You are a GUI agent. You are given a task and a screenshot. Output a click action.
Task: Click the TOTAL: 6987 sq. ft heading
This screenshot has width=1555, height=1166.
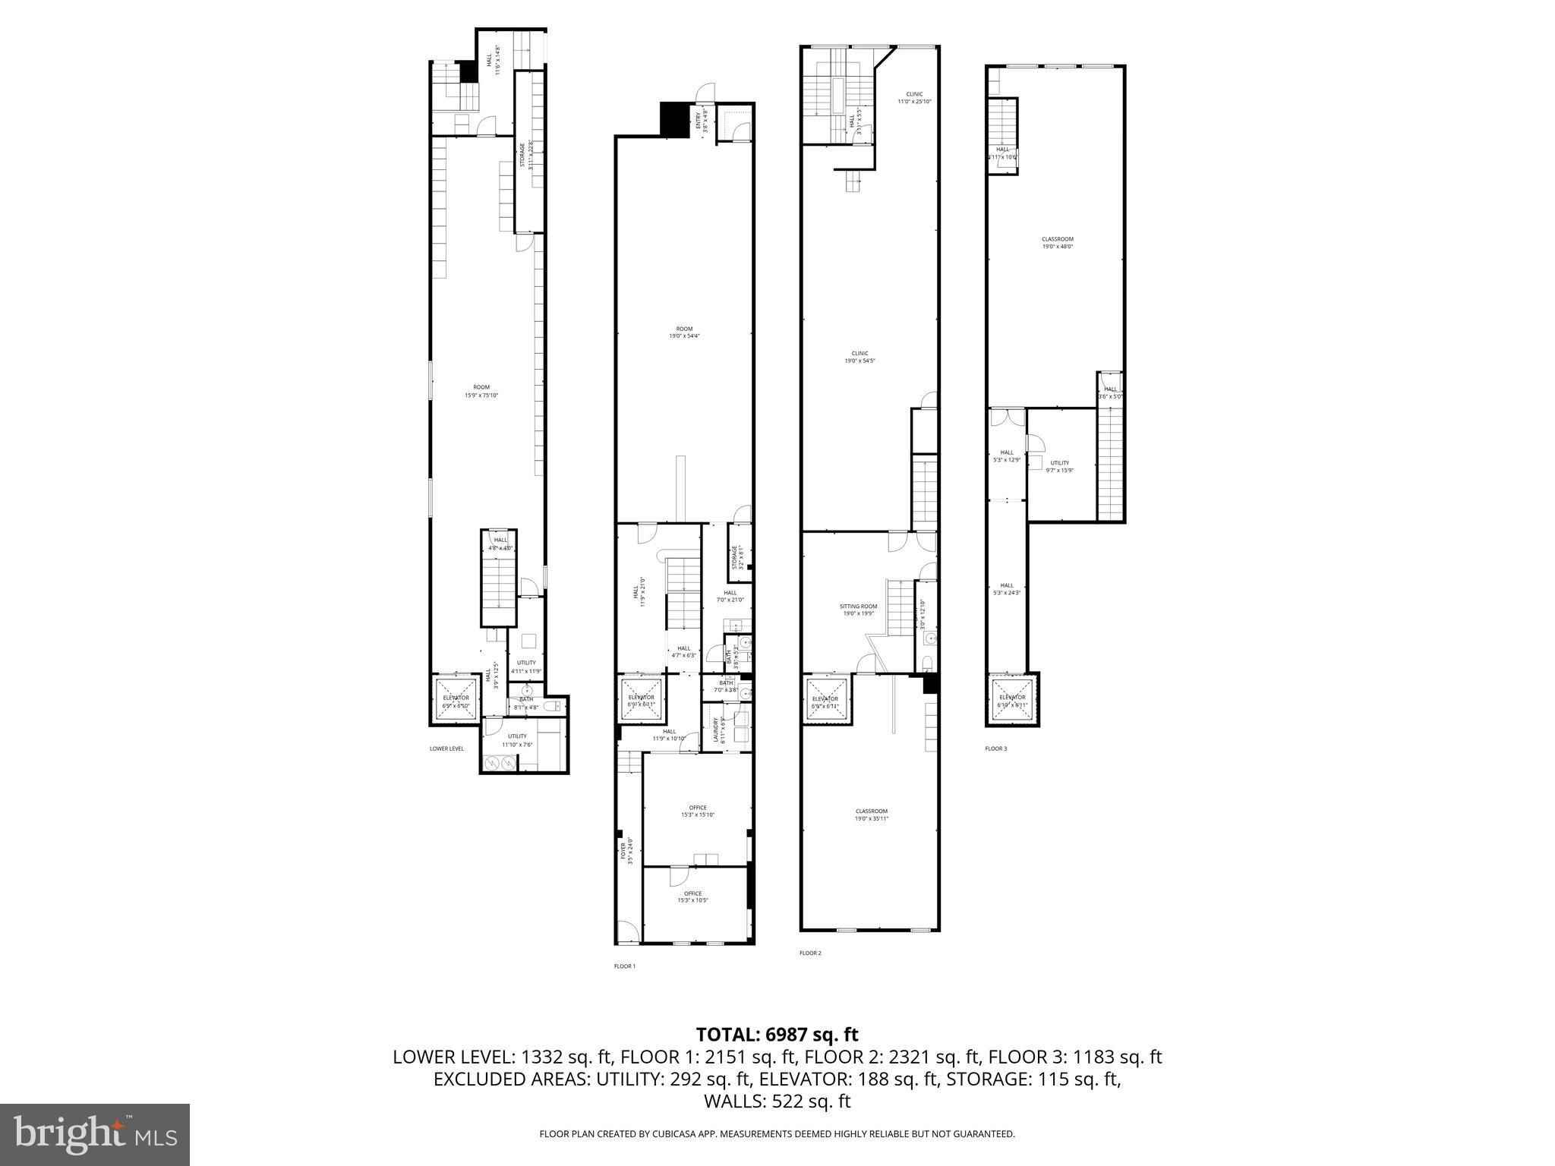(x=777, y=1034)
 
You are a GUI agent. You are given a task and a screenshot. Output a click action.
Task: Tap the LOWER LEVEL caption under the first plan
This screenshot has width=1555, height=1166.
(x=446, y=748)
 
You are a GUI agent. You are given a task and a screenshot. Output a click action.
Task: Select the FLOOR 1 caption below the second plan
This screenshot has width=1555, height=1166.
(x=624, y=966)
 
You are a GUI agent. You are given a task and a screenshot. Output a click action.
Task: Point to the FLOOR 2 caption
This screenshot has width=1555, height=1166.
(x=810, y=953)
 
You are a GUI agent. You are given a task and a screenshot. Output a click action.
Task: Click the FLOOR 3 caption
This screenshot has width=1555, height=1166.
(x=995, y=748)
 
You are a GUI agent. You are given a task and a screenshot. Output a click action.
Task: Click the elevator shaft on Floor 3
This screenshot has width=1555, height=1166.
(x=1012, y=700)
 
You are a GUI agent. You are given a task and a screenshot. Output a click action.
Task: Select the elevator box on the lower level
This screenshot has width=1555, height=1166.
(x=456, y=700)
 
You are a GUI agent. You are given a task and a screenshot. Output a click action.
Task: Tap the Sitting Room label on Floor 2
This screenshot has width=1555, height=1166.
(x=858, y=610)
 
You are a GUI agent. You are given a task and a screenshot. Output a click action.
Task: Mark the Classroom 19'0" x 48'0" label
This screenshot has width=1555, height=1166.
(x=1057, y=242)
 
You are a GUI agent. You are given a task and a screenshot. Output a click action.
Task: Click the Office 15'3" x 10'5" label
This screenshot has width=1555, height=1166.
(x=692, y=897)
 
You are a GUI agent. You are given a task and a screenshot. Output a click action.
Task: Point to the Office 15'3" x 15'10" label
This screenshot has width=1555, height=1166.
(x=697, y=811)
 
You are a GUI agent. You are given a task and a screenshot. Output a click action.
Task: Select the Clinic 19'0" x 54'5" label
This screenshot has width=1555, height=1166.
(x=860, y=357)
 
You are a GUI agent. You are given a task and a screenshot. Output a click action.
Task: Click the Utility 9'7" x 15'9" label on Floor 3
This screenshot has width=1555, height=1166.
(x=1059, y=466)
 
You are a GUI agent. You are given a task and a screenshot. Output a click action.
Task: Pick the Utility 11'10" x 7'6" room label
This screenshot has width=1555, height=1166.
(x=517, y=739)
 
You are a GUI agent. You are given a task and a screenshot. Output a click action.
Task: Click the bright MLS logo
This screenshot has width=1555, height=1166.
(x=95, y=1135)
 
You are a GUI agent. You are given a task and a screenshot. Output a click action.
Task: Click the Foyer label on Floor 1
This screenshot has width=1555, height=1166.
(x=626, y=851)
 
